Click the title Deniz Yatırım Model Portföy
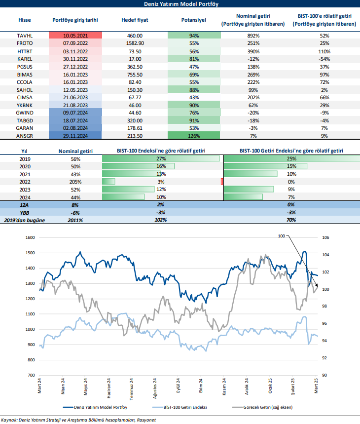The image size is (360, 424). coord(180,4)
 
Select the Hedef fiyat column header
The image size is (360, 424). coord(132,20)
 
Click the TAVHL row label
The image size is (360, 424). coord(24,36)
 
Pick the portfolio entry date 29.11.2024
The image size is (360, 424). coord(75,135)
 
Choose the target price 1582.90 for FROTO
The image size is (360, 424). coord(132,43)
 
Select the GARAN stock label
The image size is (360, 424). coord(24,128)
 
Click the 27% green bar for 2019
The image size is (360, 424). coord(161,159)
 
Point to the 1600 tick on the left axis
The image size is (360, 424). coord(29,237)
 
